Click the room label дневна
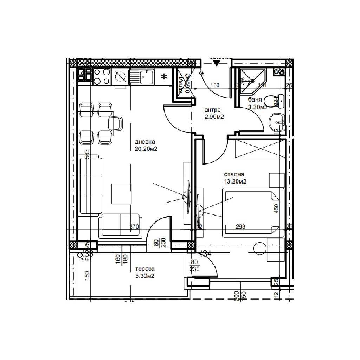coord(145,142)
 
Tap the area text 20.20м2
coord(146,149)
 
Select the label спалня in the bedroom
coord(234,174)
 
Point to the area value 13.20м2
coord(235,181)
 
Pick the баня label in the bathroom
coord(255,100)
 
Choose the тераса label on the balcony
coord(144,269)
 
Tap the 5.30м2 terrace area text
coord(145,276)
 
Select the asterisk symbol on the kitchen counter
coord(163,77)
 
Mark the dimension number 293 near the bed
coord(241,227)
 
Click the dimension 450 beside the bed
coord(276,209)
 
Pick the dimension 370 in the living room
coord(134,227)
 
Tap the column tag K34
coord(205,253)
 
